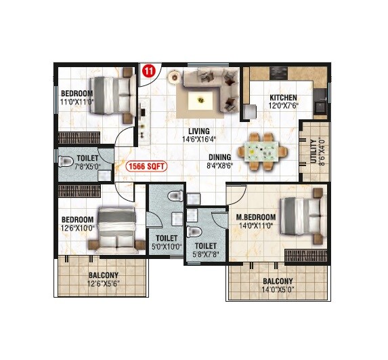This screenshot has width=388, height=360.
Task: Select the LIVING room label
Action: pos(198,131)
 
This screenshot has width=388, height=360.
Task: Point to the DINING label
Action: pos(220,155)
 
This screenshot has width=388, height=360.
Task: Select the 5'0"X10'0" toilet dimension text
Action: pos(167,247)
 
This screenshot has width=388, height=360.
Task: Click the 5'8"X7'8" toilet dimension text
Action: pos(205,255)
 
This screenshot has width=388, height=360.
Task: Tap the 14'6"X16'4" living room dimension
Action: pos(199,140)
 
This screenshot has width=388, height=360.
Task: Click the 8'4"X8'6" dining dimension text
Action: pos(220,164)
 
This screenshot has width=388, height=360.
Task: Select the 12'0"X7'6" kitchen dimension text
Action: pos(284,106)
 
